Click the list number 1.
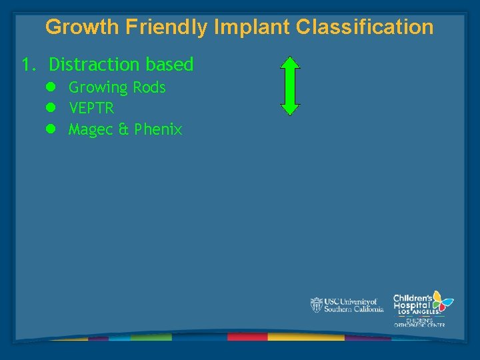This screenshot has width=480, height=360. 27,65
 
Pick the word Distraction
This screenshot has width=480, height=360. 92,65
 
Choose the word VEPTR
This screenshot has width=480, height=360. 91,108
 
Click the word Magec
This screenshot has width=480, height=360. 91,130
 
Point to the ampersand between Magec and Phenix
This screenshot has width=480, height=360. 123,129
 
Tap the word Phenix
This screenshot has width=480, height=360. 158,129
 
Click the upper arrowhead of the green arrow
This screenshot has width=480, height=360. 290,64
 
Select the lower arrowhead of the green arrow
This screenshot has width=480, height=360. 290,108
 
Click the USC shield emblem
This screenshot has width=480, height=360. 317,305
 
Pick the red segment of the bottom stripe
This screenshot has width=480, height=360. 247,337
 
